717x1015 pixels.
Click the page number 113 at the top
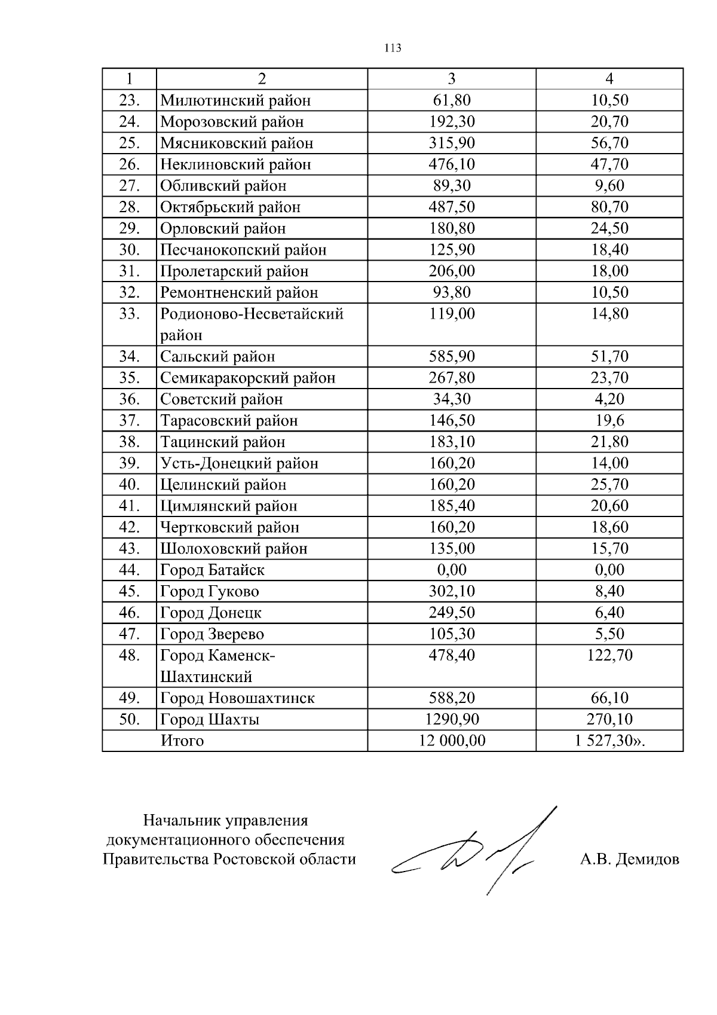coord(393,48)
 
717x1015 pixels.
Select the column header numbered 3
coord(452,79)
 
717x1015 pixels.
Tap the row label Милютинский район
coord(235,100)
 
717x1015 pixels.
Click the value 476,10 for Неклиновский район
coord(452,164)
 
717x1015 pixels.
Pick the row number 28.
coord(129,207)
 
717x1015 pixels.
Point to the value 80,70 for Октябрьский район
coord(609,207)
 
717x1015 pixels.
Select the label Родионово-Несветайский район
coord(252,324)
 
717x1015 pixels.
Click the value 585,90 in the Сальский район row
coord(452,357)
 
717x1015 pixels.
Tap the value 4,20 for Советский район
coord(609,399)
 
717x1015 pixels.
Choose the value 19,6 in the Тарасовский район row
coord(609,421)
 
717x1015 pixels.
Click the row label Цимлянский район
coord(228,506)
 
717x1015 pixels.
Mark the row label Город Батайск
coord(212,570)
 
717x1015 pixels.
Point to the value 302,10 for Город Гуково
coord(452,592)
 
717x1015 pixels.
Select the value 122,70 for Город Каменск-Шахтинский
coord(609,656)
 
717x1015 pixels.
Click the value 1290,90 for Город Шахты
coord(452,720)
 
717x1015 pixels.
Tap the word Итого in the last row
coord(182,741)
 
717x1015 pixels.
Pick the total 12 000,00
coord(452,741)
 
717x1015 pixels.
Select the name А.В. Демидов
coord(629,860)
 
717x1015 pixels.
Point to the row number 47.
coord(129,634)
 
